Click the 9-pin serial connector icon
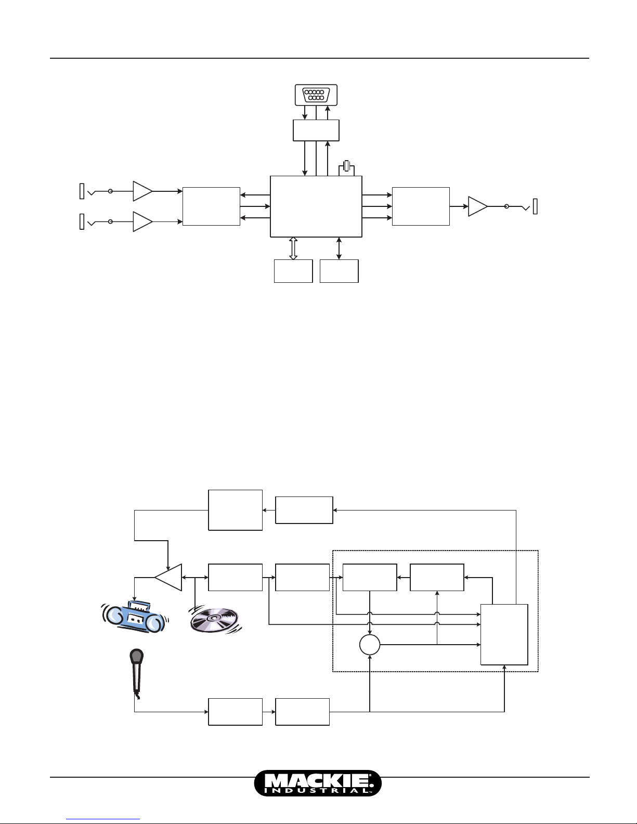click(x=316, y=95)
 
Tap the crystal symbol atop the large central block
click(x=346, y=166)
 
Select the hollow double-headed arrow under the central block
click(x=293, y=248)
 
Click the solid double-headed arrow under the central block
click(x=339, y=248)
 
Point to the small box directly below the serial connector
click(x=316, y=130)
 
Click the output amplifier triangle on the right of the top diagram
click(x=478, y=206)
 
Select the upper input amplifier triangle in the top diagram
click(x=142, y=191)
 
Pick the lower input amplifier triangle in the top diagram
click(x=142, y=221)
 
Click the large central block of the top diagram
click(x=316, y=206)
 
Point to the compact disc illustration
click(x=215, y=620)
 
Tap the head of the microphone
click(x=136, y=656)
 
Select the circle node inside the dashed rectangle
click(x=370, y=645)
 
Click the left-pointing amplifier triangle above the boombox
click(x=168, y=578)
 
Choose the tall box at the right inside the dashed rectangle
click(x=504, y=634)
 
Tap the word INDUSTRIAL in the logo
click(x=317, y=791)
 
